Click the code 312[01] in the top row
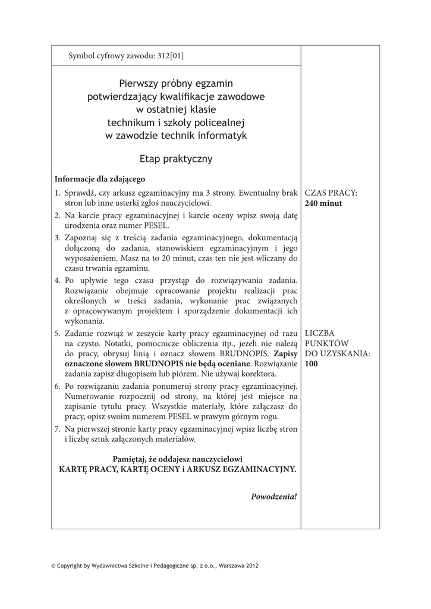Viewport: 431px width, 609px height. point(171,56)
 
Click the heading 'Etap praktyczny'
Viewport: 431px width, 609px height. point(176,159)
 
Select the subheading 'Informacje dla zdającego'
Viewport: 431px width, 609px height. point(100,178)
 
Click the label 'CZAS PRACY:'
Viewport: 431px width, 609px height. point(331,193)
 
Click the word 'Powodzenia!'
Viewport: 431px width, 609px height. point(274,497)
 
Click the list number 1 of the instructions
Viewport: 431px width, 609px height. point(58,193)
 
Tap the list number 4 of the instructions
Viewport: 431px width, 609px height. point(58,280)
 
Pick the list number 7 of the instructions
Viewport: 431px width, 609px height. point(58,429)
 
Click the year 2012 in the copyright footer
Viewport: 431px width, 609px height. point(251,566)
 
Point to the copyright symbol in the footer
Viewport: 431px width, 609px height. point(54,566)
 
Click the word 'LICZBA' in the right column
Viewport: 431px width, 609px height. point(320,333)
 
